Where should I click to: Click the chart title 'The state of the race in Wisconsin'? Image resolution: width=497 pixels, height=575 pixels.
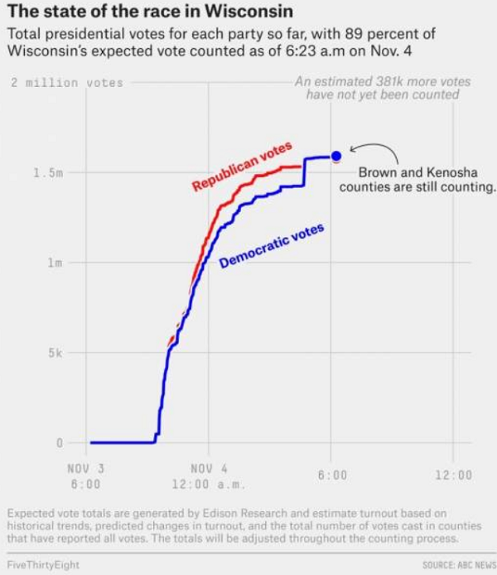click(149, 14)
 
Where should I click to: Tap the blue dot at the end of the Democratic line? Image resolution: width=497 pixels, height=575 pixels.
click(335, 156)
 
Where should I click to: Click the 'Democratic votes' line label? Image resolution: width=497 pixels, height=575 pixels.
click(272, 246)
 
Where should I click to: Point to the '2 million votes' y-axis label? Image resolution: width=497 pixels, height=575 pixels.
click(67, 83)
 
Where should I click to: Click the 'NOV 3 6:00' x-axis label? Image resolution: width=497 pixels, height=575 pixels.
click(85, 475)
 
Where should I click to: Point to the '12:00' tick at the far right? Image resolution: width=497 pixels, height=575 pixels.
click(452, 475)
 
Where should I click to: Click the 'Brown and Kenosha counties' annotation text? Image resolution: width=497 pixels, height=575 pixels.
click(417, 180)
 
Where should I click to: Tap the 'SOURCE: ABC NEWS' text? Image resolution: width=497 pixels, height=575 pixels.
click(458, 563)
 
